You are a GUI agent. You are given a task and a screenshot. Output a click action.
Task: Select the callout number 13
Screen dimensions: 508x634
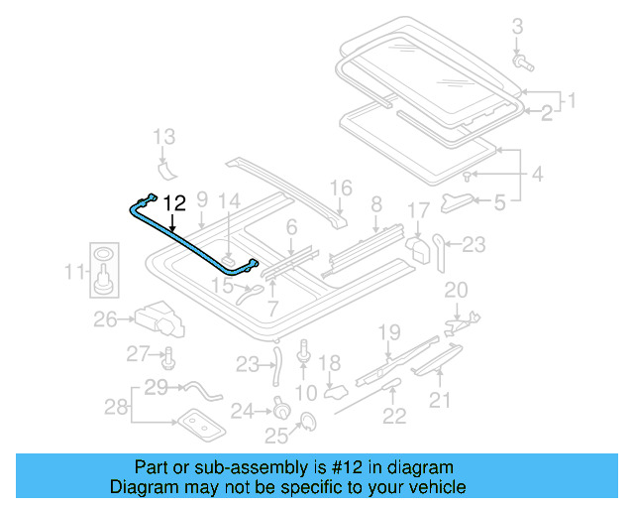(163, 136)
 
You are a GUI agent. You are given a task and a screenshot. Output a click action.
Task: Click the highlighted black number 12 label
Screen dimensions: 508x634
(173, 203)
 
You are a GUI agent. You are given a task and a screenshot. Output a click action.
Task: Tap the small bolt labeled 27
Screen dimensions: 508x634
(169, 355)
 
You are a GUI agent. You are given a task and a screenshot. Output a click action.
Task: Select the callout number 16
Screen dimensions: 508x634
(340, 188)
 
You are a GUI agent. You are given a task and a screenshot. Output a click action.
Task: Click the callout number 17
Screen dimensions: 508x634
(419, 211)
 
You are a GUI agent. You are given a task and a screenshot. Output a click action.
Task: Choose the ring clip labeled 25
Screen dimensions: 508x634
(307, 424)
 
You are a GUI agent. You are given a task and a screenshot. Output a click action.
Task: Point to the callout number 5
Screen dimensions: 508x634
(499, 202)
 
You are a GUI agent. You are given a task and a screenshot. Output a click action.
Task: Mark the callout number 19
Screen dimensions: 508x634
(388, 331)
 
